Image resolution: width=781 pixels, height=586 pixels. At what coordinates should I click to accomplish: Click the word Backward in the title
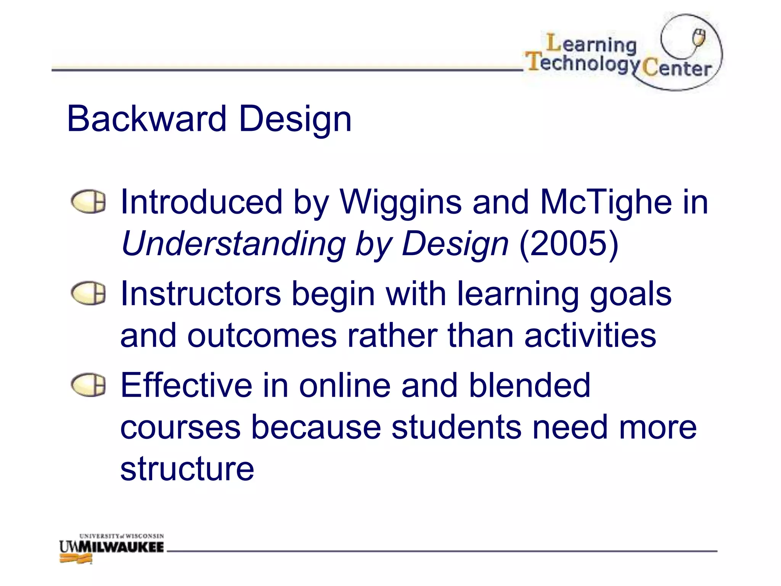point(147,119)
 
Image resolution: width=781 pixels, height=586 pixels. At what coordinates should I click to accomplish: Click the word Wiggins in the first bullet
point(400,202)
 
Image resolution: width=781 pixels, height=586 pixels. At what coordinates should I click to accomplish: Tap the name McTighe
point(606,202)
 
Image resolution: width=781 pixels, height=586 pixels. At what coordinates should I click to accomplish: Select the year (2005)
point(569,244)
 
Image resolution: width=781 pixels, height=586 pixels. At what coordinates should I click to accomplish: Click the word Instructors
point(201,294)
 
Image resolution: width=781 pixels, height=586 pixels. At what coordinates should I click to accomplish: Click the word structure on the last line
point(187,469)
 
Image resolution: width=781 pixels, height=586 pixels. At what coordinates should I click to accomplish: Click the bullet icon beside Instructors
point(88,293)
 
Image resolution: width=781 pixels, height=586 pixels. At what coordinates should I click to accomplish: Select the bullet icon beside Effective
point(88,385)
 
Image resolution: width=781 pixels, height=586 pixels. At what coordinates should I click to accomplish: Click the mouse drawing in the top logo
point(699,38)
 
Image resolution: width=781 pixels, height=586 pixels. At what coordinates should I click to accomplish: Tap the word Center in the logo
point(677,69)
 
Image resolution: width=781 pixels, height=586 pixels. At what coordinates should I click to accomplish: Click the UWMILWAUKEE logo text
point(112,547)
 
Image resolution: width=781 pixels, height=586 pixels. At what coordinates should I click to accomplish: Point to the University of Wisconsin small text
point(121,536)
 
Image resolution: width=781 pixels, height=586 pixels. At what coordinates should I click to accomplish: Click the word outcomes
point(262,336)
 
